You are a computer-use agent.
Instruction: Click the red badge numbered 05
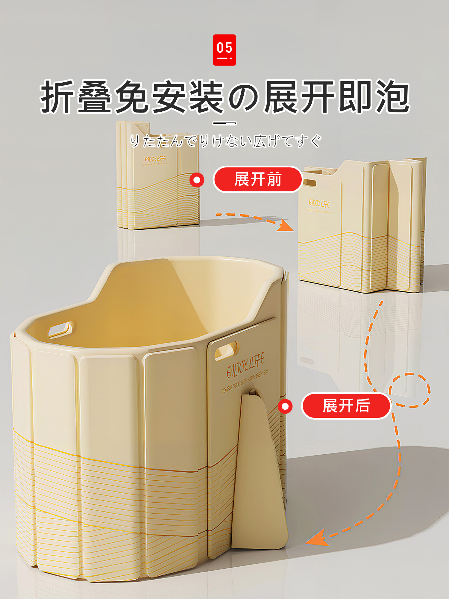[224, 50]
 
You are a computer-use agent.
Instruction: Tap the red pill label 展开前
[258, 179]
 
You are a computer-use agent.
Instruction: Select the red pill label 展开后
[346, 406]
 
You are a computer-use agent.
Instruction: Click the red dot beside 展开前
[197, 180]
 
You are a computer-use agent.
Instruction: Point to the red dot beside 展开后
[285, 406]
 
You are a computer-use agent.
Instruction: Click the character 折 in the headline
[57, 96]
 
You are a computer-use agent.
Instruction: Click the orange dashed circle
[409, 390]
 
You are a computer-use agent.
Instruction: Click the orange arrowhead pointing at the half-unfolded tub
[285, 226]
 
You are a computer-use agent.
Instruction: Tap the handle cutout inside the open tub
[61, 329]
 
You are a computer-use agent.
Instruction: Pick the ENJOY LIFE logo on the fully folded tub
[155, 159]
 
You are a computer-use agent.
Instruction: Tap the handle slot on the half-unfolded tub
[309, 183]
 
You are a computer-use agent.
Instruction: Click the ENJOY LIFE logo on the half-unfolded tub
[319, 204]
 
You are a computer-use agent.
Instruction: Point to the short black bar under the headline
[224, 123]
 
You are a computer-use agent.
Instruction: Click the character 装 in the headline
[207, 96]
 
